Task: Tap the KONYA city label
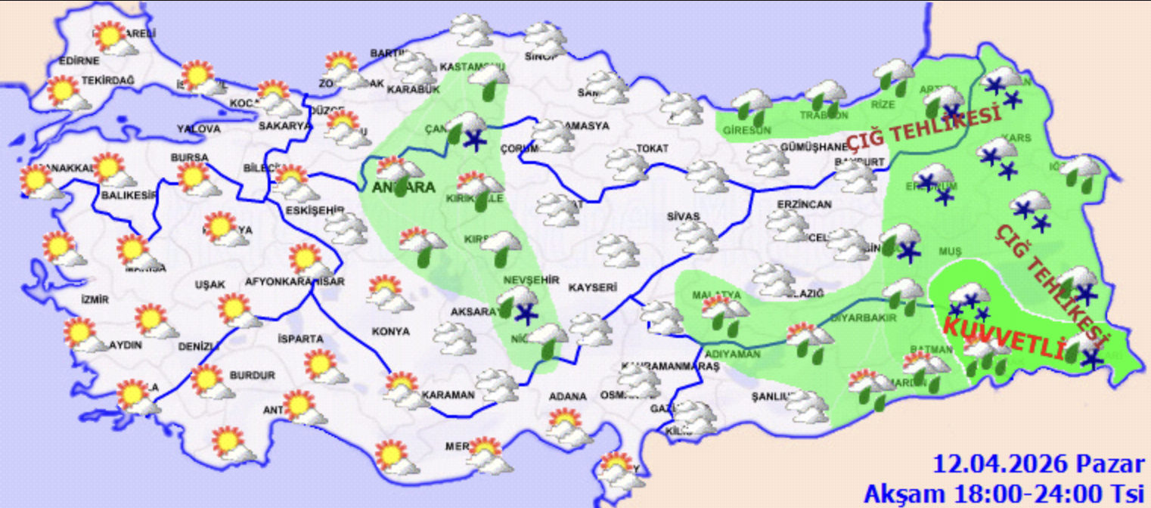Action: pos(390,331)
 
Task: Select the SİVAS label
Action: pos(684,216)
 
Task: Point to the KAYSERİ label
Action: pos(593,288)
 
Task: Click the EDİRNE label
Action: pos(79,61)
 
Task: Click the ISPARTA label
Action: pos(300,338)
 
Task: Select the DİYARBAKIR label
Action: pos(864,318)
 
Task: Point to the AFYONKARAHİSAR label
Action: pos(295,282)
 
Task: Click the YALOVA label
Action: pos(199,129)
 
